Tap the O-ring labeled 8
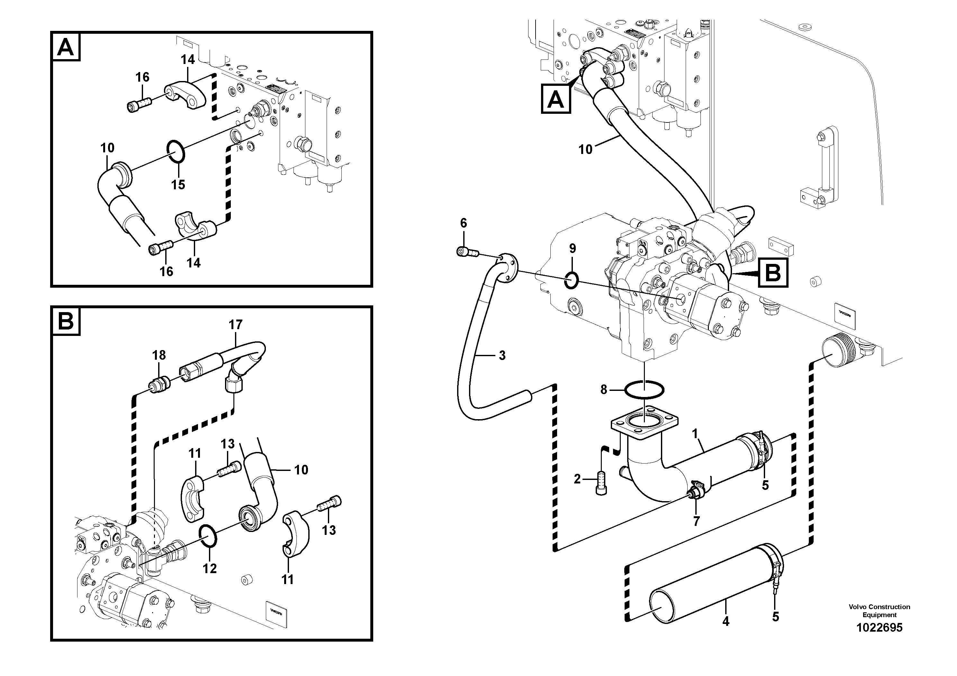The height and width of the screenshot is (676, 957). (644, 391)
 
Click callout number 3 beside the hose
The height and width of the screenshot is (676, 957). (502, 356)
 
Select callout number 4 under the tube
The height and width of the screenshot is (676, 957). (726, 622)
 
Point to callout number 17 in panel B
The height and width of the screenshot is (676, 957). (236, 325)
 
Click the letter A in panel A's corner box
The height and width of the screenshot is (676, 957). (66, 48)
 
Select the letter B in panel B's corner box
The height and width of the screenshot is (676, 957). (66, 322)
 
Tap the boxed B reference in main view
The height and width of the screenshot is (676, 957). (773, 274)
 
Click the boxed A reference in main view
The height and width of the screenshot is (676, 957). (555, 98)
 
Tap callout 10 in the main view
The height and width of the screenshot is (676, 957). (585, 149)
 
